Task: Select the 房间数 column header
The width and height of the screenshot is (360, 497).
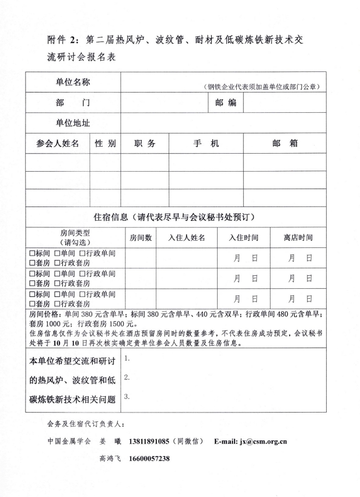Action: point(141,238)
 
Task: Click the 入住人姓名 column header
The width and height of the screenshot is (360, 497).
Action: point(187,238)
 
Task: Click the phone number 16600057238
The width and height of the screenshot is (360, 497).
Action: point(149,459)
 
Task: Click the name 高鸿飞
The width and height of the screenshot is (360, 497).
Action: point(111,459)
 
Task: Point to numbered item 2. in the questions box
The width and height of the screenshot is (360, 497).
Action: point(127,377)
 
